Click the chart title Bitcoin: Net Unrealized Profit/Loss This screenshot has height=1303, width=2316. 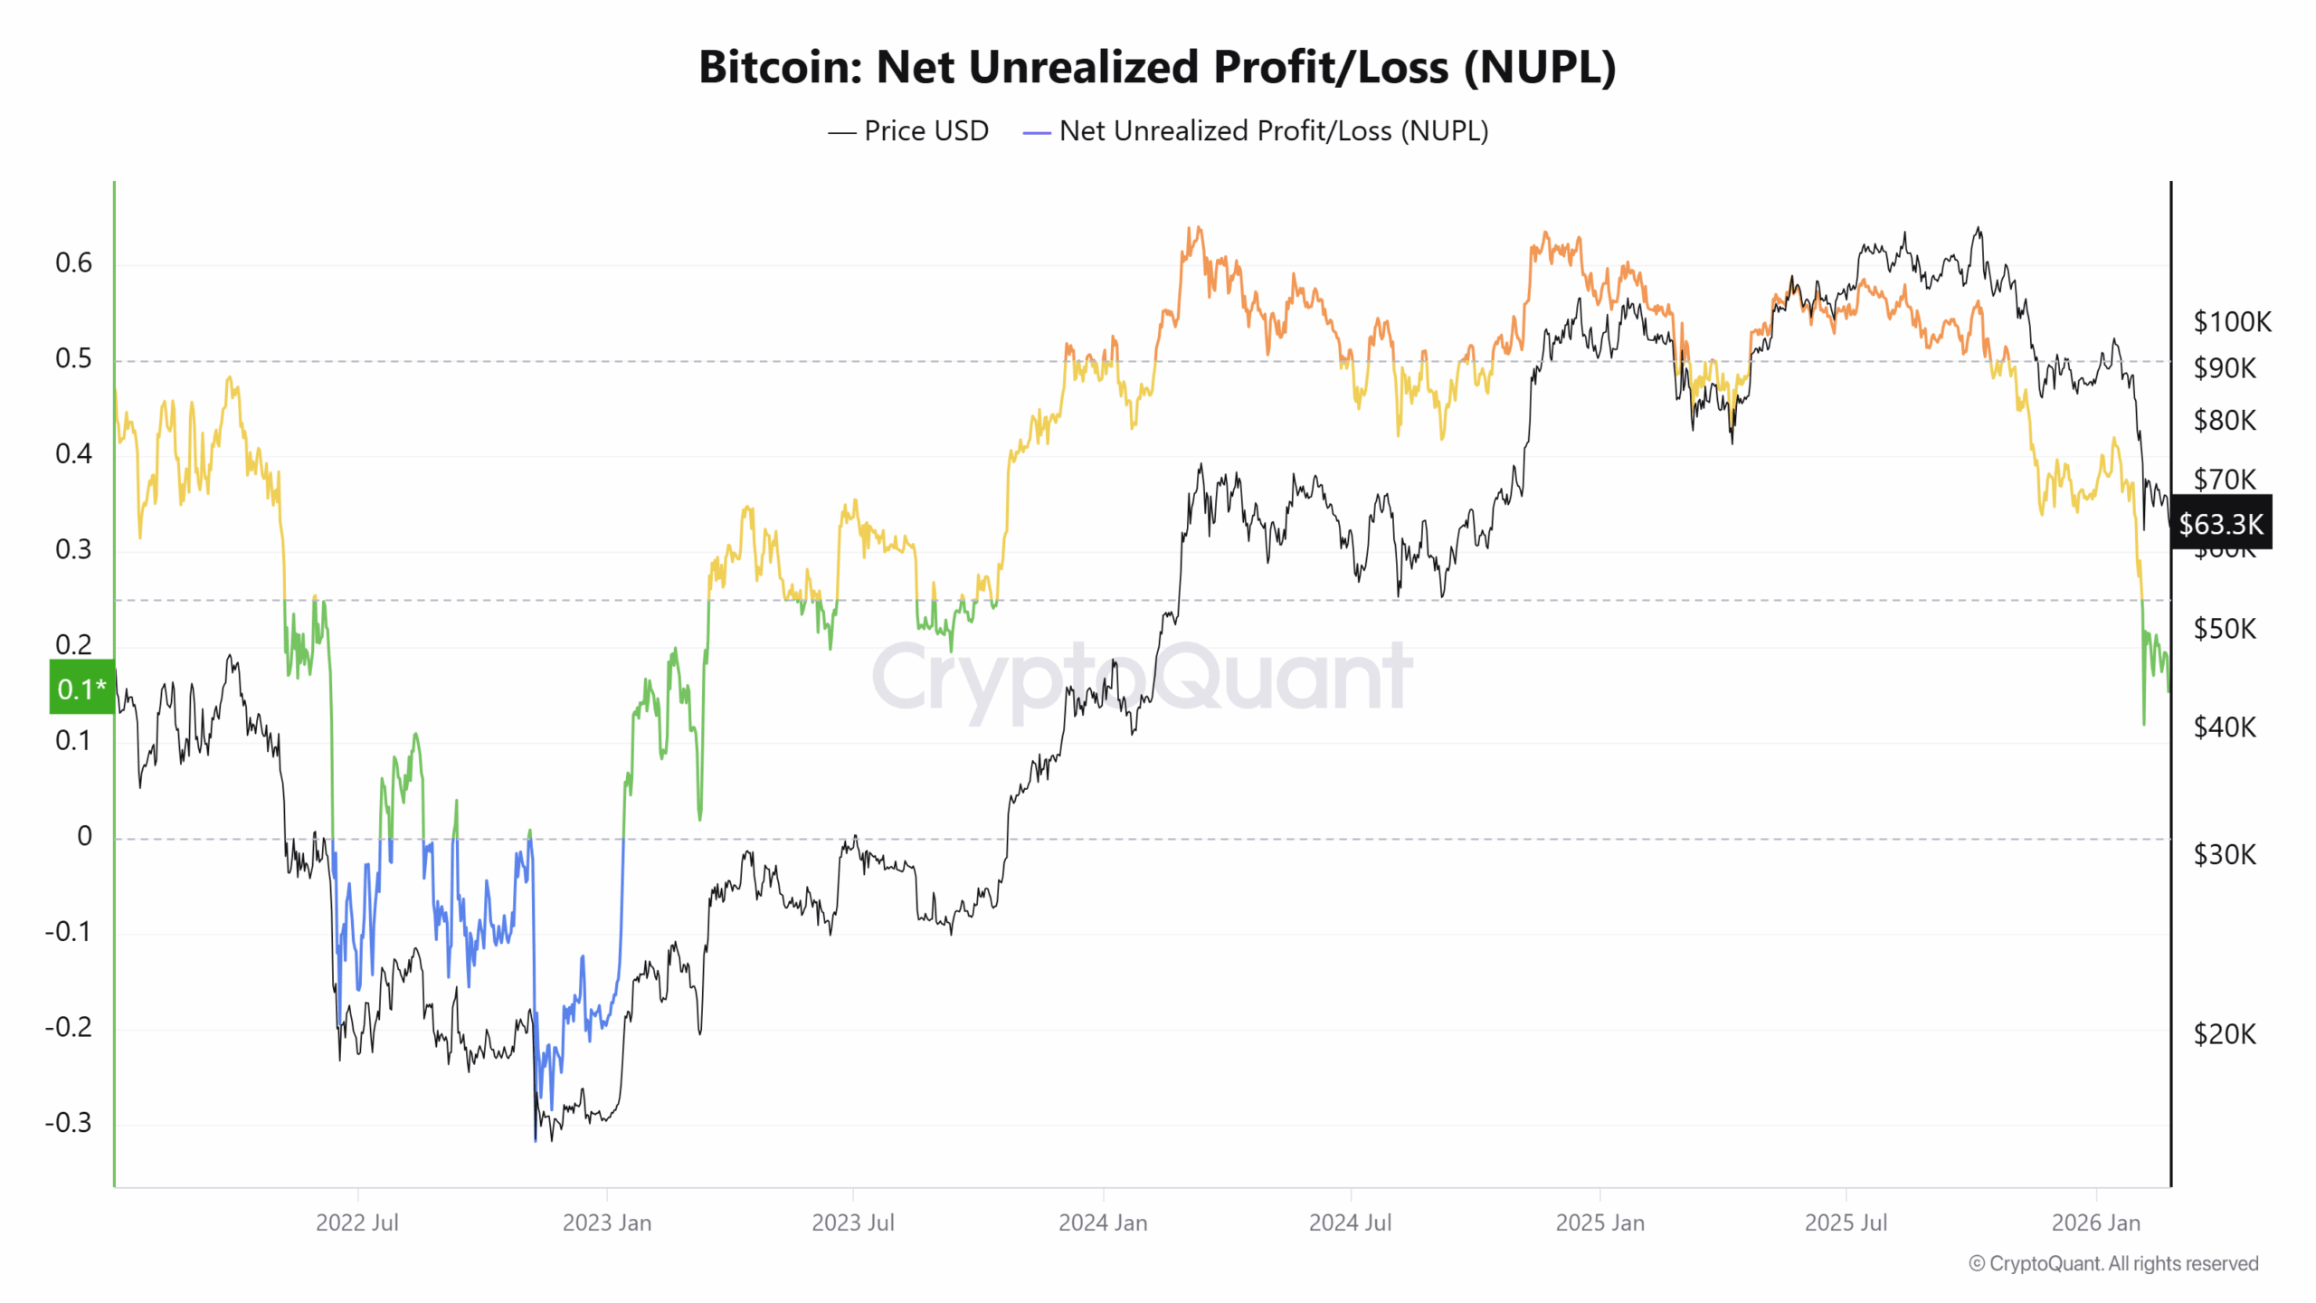(1157, 67)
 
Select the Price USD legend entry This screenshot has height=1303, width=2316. (908, 131)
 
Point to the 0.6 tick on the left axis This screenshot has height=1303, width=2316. (73, 262)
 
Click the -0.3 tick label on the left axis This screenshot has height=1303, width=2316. (69, 1123)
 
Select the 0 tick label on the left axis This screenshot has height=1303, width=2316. (84, 836)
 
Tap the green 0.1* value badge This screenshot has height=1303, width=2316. (81, 689)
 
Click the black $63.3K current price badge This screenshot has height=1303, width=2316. (2220, 524)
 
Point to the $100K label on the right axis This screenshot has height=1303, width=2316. (2231, 321)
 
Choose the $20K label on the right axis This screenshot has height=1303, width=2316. (2224, 1034)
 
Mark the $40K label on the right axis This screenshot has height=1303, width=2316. (2224, 727)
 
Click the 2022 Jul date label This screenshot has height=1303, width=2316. (356, 1222)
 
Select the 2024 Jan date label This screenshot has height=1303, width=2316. (1103, 1222)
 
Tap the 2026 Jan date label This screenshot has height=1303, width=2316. (2095, 1222)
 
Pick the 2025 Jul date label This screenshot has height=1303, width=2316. (1846, 1222)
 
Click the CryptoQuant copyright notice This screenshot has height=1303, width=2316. (2113, 1264)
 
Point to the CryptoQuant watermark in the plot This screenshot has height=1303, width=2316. (1142, 676)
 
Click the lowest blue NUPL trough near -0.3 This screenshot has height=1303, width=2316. (536, 1138)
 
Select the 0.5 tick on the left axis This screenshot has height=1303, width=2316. (73, 358)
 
